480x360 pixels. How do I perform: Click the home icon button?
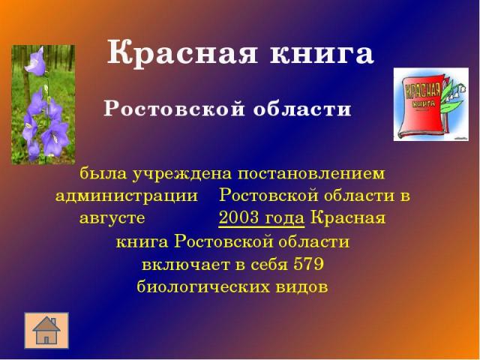coord(46,331)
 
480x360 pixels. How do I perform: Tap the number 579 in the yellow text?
coord(308,264)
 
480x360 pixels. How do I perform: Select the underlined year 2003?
coord(239,218)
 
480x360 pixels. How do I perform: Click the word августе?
coord(112,218)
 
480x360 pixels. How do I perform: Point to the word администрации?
coord(127,196)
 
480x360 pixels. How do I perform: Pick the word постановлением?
coord(311,173)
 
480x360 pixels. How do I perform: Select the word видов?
coord(302,286)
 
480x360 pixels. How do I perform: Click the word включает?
coord(186,265)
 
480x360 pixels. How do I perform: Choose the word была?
coord(103,173)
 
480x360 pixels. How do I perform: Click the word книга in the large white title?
coord(322,54)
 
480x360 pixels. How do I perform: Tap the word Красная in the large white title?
coord(182,54)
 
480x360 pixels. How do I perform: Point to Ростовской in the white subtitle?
coord(174,109)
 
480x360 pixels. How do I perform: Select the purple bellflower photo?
coord(43,105)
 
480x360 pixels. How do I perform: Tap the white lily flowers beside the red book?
coord(454,91)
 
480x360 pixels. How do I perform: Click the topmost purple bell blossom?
coord(36,61)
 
